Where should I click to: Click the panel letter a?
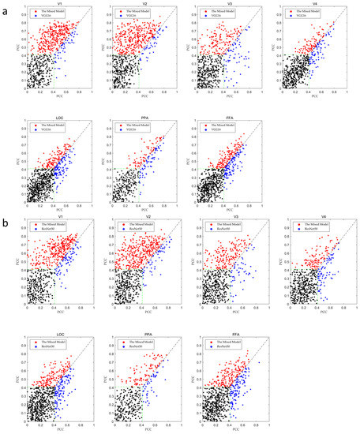click(x=6, y=9)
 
